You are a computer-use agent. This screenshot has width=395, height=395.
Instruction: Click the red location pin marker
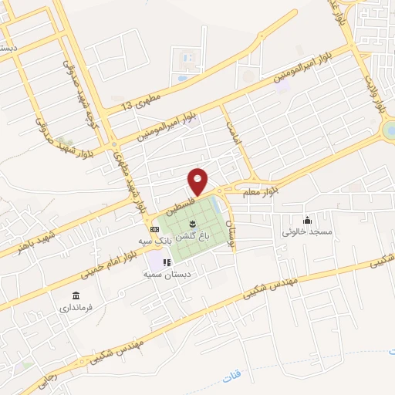198,181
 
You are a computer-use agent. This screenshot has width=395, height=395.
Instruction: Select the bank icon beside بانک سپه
154,229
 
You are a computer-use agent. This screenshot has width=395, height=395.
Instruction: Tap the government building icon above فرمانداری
76,296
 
